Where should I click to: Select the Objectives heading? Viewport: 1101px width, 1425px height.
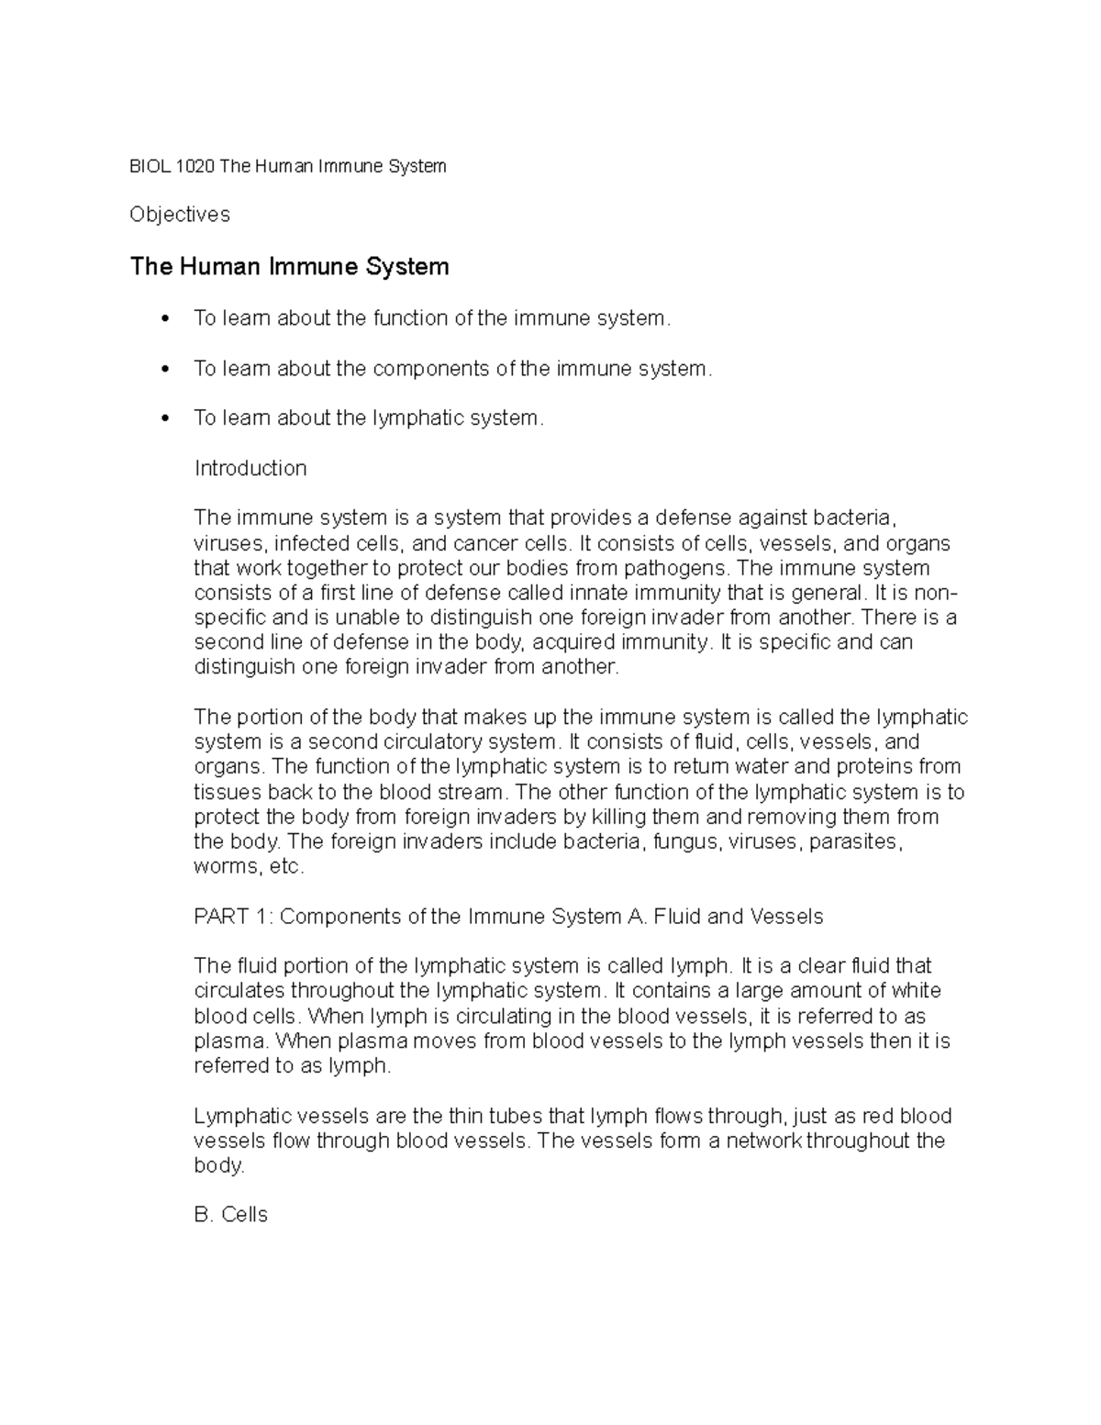180,215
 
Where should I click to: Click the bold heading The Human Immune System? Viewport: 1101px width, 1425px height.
290,267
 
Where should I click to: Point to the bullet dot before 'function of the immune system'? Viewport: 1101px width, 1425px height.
165,319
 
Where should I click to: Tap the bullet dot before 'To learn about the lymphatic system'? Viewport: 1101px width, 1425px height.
165,418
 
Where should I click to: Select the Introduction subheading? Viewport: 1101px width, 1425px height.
250,469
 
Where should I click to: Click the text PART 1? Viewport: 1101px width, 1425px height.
233,917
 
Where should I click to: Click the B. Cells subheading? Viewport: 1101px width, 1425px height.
231,1215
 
